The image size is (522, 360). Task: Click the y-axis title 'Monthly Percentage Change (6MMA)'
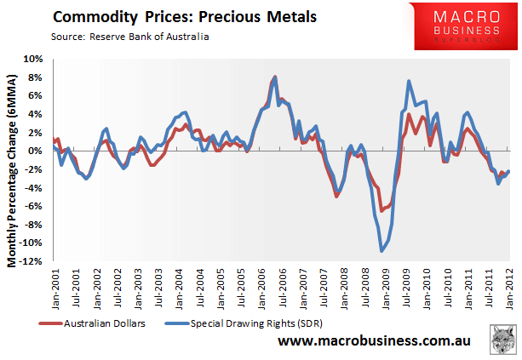(x=13, y=162)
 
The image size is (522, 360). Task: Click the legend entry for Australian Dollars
(x=94, y=323)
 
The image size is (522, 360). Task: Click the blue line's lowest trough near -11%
(x=382, y=251)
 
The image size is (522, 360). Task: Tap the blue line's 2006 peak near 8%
(x=276, y=77)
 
